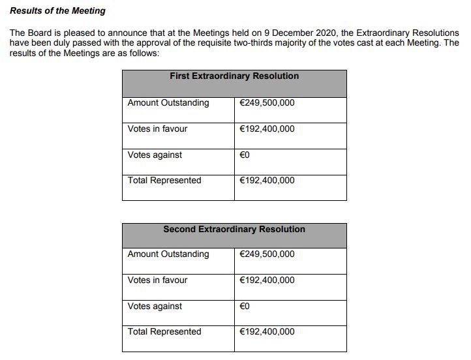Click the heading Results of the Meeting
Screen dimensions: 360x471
point(57,11)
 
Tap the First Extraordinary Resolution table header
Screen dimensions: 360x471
point(234,76)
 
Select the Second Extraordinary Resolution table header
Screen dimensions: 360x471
point(234,230)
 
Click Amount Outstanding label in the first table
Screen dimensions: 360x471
point(168,103)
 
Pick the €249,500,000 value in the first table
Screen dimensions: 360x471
point(267,103)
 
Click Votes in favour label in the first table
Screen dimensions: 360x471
point(157,129)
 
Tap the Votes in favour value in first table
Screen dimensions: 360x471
point(267,129)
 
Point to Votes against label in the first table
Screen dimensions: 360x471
point(155,155)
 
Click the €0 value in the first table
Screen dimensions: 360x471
point(245,155)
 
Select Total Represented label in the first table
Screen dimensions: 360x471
point(164,181)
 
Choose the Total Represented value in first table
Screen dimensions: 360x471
point(267,181)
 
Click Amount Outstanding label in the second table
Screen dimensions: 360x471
point(168,254)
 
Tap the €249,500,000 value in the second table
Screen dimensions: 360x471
point(267,254)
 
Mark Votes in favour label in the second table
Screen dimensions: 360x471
point(157,280)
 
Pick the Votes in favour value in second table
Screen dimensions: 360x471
point(267,280)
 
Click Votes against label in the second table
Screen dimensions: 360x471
point(155,307)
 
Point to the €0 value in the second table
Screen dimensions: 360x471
point(245,307)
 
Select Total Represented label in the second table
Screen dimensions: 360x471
point(164,332)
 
